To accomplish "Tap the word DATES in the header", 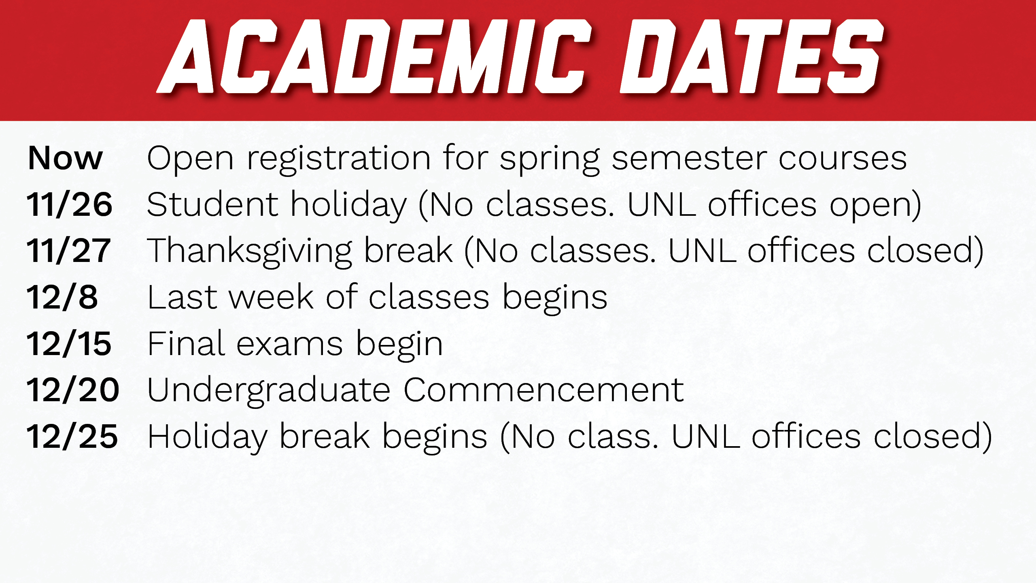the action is [752, 56].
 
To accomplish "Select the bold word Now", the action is [65, 158].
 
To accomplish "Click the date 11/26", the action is [69, 204].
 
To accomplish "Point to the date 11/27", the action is [68, 251].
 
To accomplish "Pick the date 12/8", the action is [62, 297].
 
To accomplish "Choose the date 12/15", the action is [69, 344].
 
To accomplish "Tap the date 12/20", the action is [73, 390].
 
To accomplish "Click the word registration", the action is [339, 160].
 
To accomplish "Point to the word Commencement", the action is [544, 390].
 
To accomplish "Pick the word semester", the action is [689, 159].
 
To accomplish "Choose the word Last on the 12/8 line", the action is [183, 297].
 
